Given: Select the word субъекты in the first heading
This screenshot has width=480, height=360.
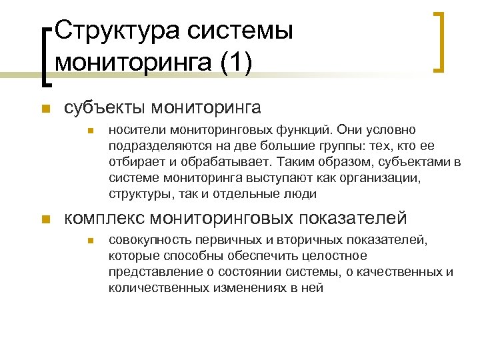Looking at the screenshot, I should tap(103, 108).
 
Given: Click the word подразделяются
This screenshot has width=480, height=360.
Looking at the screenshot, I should tap(147, 145).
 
